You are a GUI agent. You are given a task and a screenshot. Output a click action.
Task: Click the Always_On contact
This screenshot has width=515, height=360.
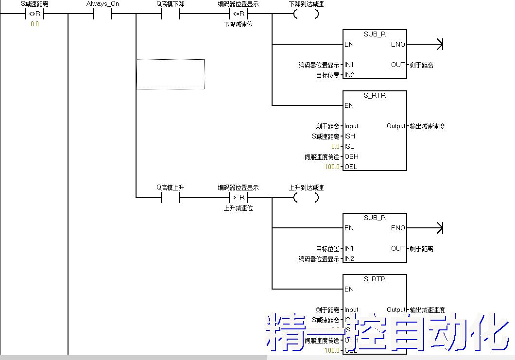(x=102, y=14)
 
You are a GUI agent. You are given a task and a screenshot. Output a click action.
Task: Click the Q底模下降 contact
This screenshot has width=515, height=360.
(x=170, y=14)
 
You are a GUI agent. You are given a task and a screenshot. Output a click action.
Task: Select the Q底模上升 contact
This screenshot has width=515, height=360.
(x=170, y=198)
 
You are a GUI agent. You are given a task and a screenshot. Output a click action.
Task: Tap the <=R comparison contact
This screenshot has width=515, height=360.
(x=238, y=14)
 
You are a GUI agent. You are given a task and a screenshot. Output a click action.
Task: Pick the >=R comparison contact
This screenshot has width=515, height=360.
(x=238, y=198)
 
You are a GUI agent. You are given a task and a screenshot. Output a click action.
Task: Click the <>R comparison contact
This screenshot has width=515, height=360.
(x=34, y=14)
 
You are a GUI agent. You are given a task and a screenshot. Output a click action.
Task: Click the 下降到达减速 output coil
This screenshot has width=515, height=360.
(x=306, y=14)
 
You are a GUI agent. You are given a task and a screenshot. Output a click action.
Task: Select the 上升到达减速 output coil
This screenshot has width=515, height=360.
(x=306, y=198)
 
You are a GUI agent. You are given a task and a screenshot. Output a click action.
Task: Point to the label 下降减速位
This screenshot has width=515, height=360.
(x=238, y=24)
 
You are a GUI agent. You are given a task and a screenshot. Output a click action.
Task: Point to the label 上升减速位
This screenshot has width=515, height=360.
(x=238, y=208)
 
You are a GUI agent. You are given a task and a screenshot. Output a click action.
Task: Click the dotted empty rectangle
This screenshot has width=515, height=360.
(x=170, y=74)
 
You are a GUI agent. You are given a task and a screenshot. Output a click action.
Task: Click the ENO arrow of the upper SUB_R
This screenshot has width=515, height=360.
(x=439, y=45)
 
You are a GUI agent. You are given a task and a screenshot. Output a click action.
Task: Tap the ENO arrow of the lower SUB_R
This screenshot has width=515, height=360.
(x=439, y=228)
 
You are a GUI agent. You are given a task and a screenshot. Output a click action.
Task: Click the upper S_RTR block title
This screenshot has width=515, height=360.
(x=375, y=95)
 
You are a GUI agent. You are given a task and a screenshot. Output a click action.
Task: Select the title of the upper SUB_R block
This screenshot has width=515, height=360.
(x=375, y=34)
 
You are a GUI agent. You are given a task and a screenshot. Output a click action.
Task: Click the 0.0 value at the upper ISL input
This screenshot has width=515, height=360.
(x=335, y=146)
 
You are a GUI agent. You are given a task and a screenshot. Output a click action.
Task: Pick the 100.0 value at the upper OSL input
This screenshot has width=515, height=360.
(x=333, y=167)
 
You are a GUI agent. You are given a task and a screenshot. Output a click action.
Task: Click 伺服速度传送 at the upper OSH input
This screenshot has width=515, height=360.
(x=322, y=156)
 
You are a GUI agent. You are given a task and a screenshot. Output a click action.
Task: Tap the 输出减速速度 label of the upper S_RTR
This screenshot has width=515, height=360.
(x=427, y=126)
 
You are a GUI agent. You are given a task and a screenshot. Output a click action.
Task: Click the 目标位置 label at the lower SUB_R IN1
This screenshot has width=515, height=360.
(x=327, y=249)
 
